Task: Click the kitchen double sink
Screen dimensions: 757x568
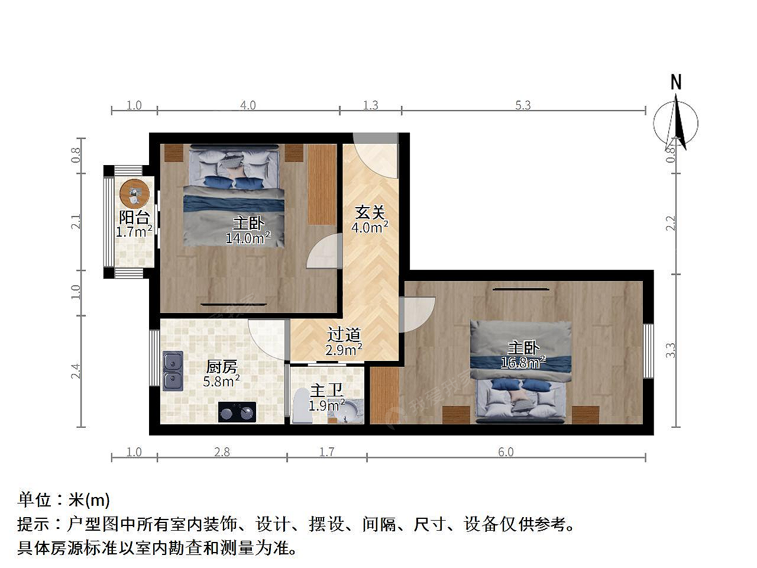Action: point(173,370)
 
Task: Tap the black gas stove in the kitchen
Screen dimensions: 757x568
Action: point(237,412)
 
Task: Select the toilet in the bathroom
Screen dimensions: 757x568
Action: point(302,405)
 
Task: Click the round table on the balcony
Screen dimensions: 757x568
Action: point(134,193)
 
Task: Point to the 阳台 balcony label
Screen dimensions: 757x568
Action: point(134,218)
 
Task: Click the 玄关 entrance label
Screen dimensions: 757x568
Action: point(370,212)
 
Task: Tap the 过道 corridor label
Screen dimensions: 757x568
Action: point(344,334)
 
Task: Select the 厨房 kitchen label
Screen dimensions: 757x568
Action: point(221,367)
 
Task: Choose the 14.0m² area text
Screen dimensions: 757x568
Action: point(248,238)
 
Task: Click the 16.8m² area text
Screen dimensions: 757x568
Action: point(523,363)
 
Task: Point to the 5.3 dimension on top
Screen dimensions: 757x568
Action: point(523,105)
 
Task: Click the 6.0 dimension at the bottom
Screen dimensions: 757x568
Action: point(506,452)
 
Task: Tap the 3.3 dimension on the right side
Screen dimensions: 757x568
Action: point(670,350)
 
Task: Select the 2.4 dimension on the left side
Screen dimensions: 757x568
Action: point(76,371)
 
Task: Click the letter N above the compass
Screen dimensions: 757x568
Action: point(676,82)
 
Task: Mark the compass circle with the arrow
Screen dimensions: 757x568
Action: point(675,123)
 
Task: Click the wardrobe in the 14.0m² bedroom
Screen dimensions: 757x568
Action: point(322,185)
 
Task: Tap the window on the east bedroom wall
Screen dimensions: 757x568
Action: point(648,351)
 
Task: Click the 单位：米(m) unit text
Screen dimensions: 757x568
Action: point(63,500)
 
